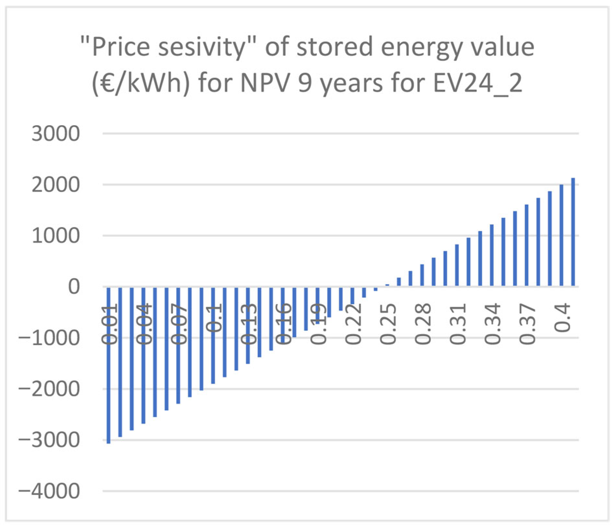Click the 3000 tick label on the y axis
(x=55, y=134)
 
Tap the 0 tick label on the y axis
(x=74, y=287)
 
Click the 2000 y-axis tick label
(x=55, y=185)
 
